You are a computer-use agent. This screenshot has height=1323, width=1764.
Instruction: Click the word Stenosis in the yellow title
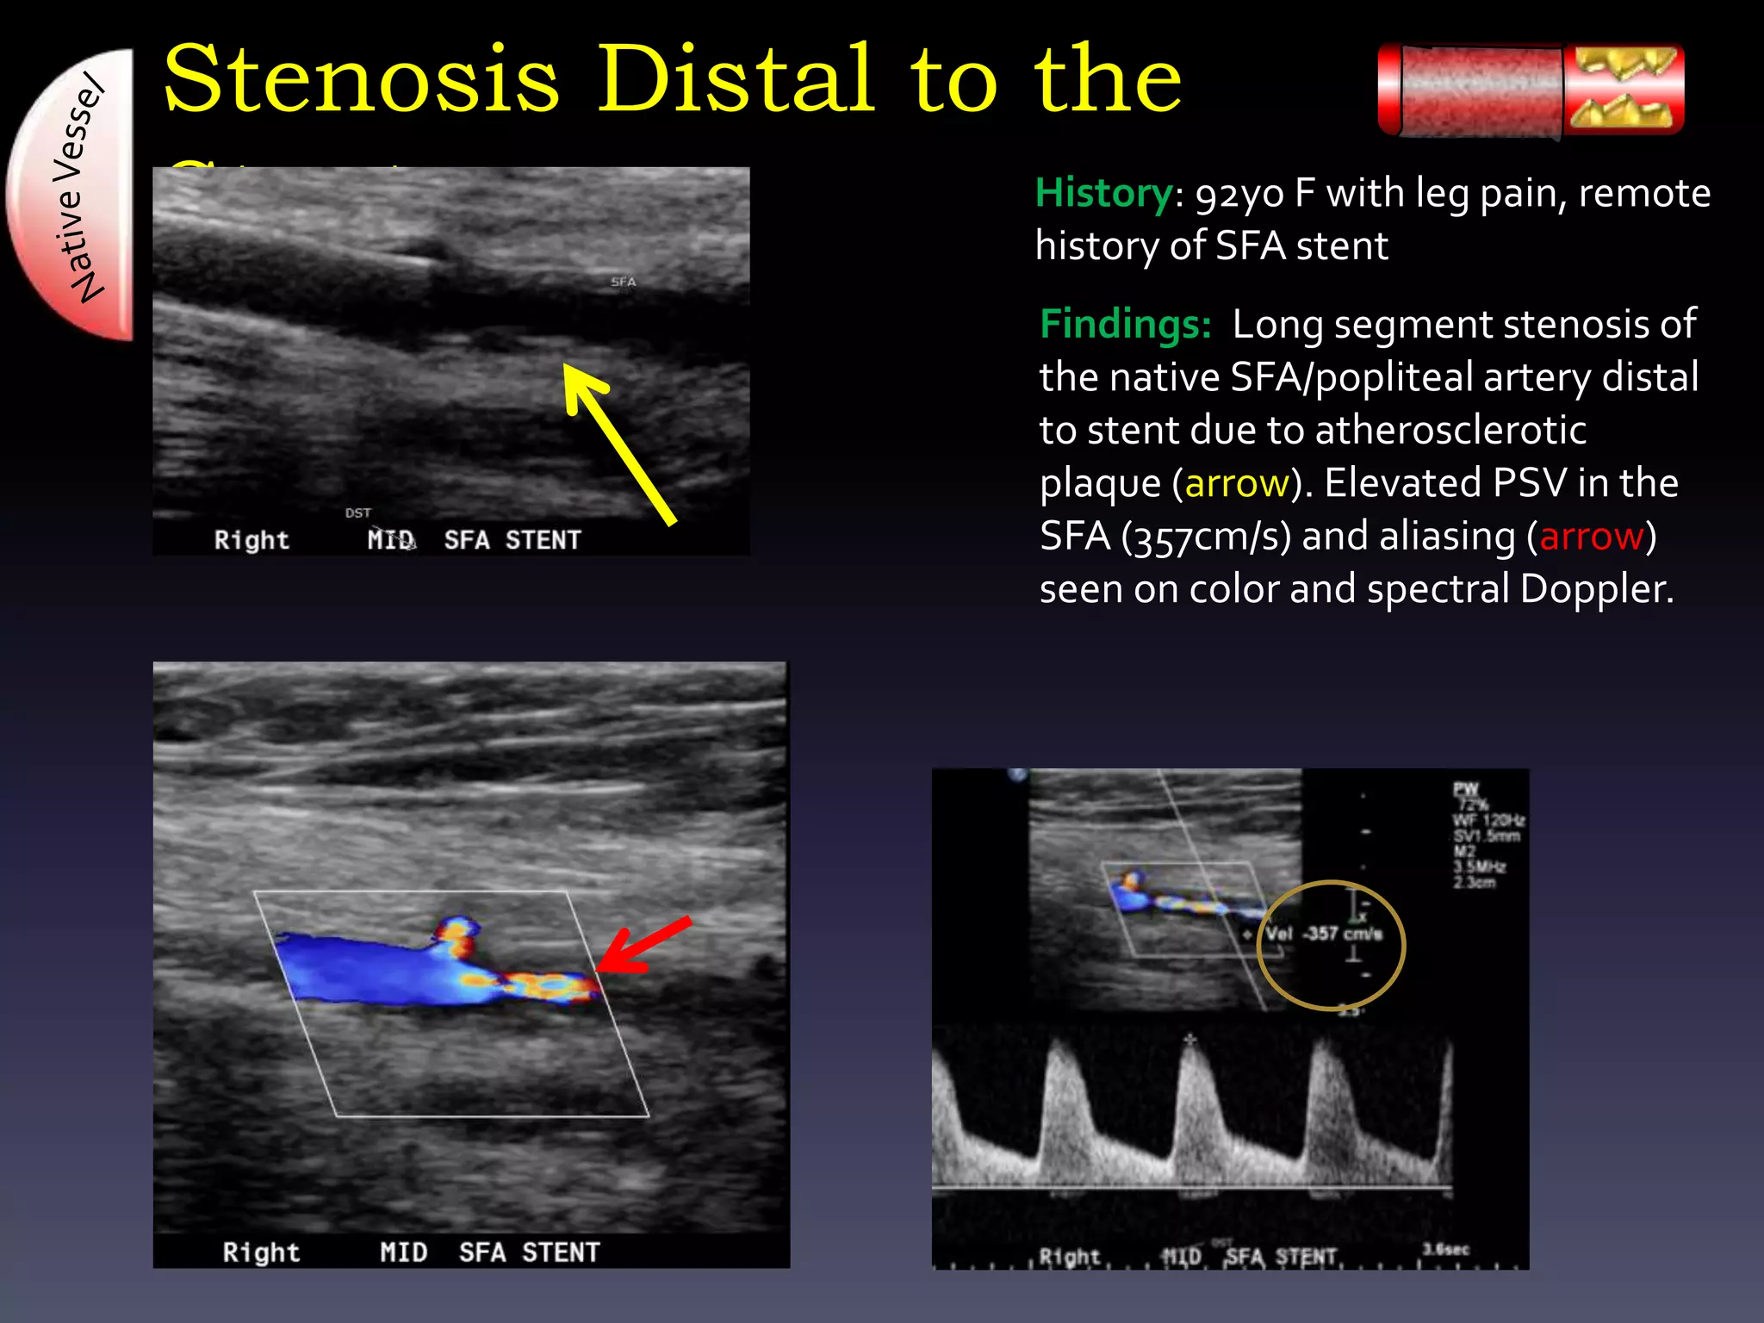coord(362,79)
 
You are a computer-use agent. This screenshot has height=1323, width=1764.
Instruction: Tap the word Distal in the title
coord(736,79)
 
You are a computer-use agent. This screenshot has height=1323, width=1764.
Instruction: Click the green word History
coord(1103,193)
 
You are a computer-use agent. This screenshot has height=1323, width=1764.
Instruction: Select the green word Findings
coord(1125,325)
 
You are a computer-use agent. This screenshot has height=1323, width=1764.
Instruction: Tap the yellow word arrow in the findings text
coord(1236,484)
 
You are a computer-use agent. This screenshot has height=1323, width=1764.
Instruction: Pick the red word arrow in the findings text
coord(1591,537)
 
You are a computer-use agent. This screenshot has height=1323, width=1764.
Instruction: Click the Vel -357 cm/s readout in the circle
coord(1324,934)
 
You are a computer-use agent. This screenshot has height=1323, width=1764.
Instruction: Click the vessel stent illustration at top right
coord(1531,90)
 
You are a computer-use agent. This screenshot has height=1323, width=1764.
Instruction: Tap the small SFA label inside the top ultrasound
coord(623,282)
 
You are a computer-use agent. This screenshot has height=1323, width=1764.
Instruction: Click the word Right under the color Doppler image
coord(261,1252)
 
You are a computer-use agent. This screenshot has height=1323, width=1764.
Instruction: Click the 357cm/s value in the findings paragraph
coord(1206,537)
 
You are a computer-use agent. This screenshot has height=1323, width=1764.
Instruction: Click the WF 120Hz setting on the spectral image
coord(1488,820)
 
